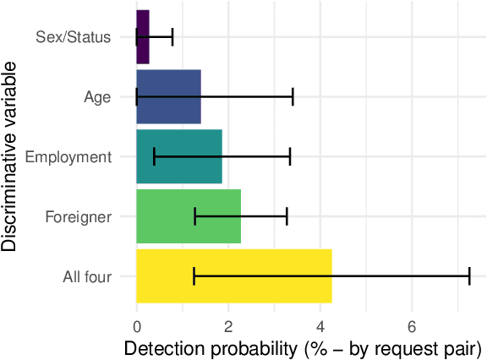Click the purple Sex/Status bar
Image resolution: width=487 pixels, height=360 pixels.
pos(143,37)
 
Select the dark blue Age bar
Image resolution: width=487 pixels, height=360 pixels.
pos(168,97)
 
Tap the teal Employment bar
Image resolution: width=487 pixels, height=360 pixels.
pos(178,157)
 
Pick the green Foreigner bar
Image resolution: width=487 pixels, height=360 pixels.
pos(189,216)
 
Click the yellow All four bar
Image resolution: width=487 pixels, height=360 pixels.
pos(233,276)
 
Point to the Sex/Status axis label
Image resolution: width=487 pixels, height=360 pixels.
pos(74,37)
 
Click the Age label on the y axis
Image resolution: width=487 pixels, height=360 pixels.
pos(97,97)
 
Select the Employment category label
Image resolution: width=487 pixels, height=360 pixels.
pos(68,157)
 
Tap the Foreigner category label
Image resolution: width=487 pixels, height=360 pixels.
pos(79,217)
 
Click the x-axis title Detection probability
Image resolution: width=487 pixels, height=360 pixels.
pos(302,347)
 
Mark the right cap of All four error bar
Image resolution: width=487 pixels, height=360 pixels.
pos(469,276)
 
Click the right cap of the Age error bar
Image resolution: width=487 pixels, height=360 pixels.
pos(293,97)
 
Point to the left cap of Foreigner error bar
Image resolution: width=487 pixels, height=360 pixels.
pos(195,216)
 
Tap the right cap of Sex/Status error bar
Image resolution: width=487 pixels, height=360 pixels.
pos(172,37)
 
